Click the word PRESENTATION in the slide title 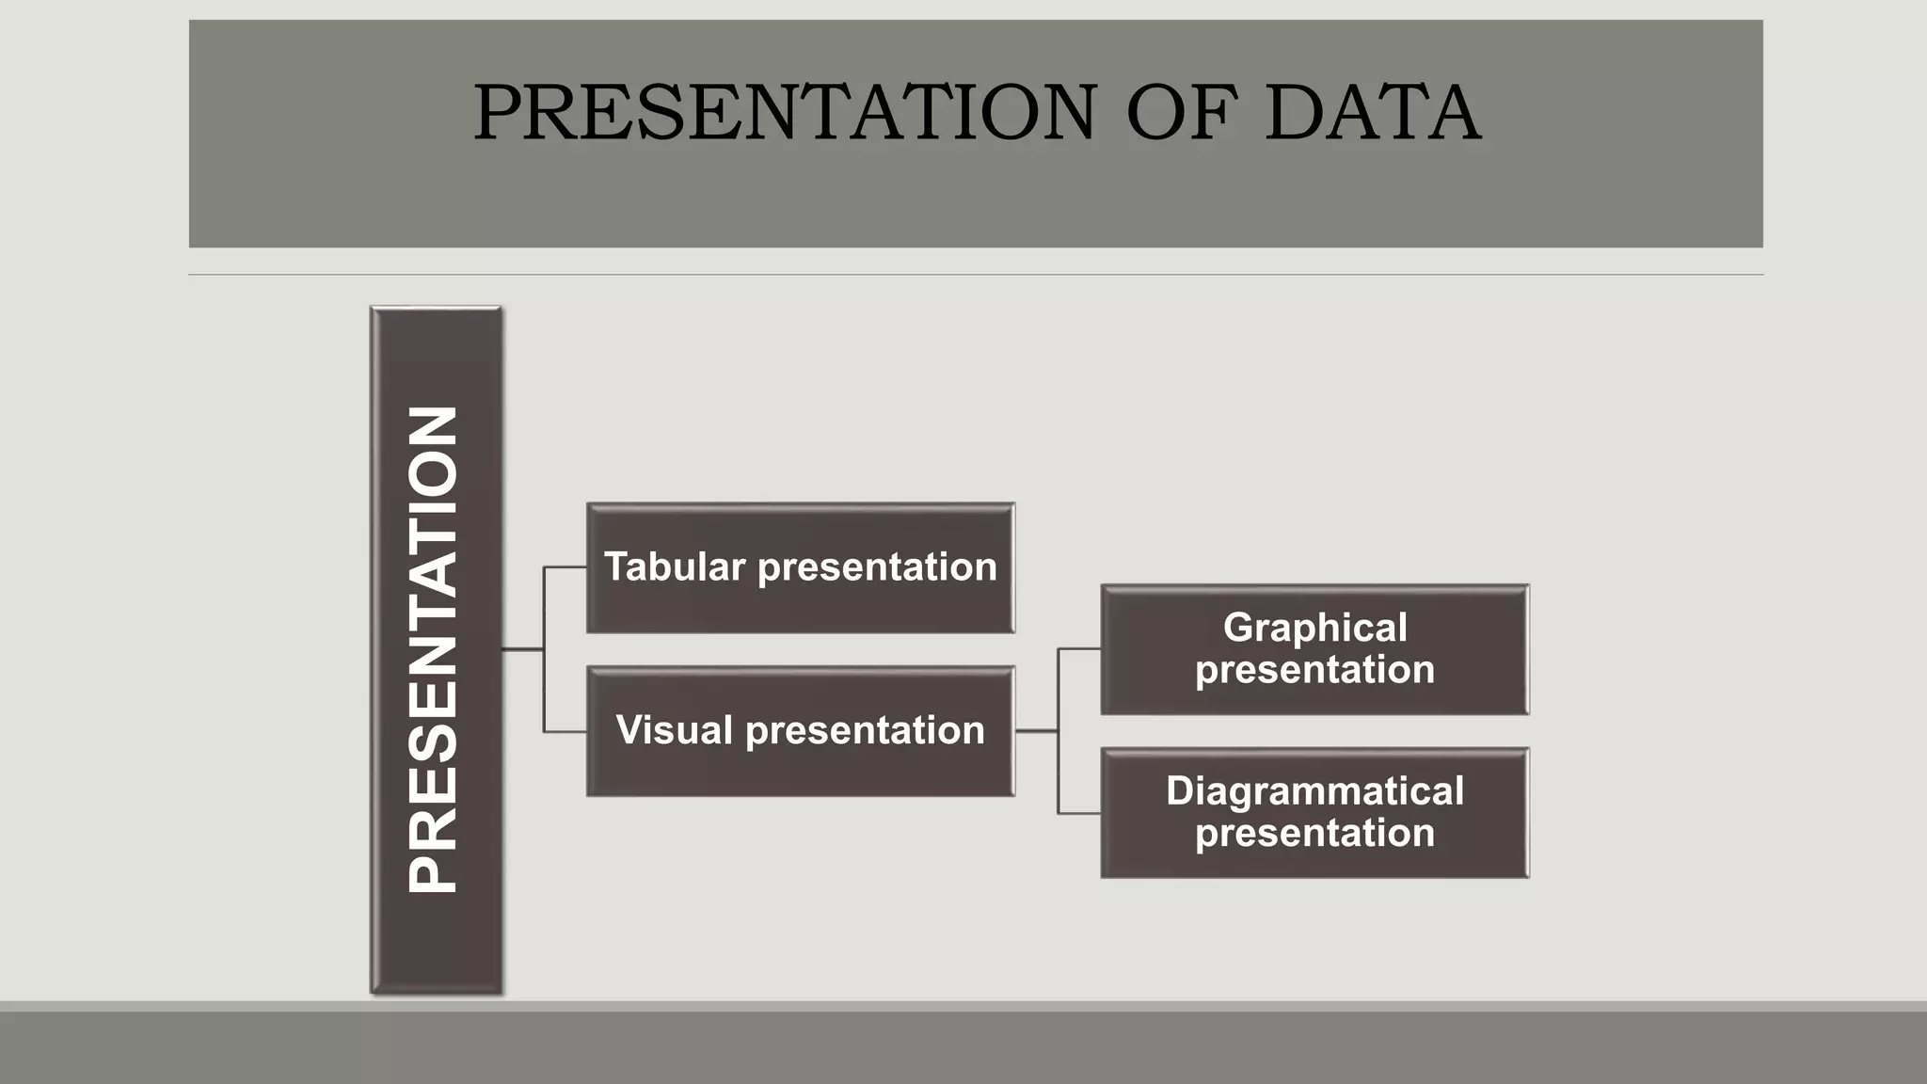click(x=784, y=113)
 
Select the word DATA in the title click(x=1372, y=113)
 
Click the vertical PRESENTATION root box click(x=436, y=649)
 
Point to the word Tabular click(x=675, y=567)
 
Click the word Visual click(x=675, y=731)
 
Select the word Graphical click(x=1314, y=628)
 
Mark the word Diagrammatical click(x=1314, y=791)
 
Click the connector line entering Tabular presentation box click(x=565, y=567)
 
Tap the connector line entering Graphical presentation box click(x=1079, y=648)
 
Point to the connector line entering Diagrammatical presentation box click(x=1079, y=813)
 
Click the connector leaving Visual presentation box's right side click(x=1036, y=731)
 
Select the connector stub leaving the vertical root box click(x=522, y=649)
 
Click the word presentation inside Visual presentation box click(x=865, y=731)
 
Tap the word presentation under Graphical click(x=1314, y=670)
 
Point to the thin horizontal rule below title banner click(x=976, y=275)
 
